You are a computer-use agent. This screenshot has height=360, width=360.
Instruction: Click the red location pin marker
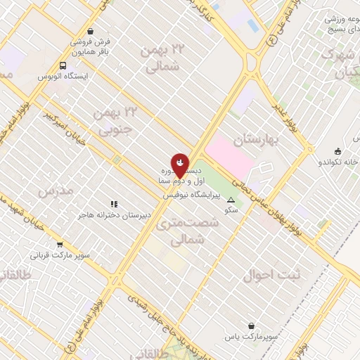180,165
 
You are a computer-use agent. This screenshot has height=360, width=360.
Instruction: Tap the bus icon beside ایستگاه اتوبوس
63,66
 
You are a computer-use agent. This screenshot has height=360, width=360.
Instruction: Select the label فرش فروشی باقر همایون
95,46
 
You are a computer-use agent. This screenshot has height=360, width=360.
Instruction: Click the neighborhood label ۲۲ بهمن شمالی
163,58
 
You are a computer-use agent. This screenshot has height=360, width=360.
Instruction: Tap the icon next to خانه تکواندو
338,151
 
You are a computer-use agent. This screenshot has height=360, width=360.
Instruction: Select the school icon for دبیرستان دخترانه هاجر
113,204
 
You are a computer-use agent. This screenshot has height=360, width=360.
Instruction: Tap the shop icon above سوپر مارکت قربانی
60,245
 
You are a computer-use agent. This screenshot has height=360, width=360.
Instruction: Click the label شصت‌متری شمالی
193,231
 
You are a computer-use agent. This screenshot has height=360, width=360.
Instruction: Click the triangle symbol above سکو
231,200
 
